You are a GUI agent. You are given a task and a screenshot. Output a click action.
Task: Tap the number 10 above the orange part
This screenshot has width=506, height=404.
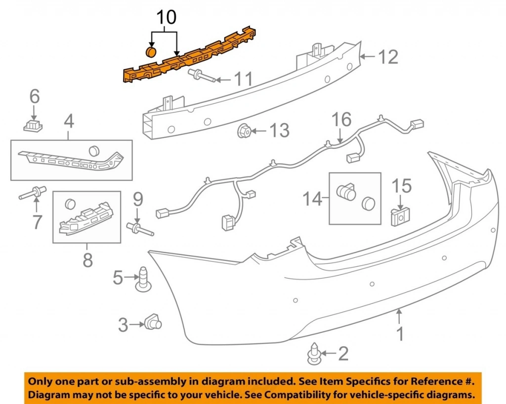point(167,18)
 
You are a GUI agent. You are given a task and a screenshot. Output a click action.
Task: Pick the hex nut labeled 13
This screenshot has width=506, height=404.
point(244,132)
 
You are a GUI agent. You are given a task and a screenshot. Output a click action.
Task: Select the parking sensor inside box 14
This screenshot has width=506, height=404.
point(346,190)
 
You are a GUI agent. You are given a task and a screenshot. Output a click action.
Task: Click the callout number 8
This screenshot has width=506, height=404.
point(87,260)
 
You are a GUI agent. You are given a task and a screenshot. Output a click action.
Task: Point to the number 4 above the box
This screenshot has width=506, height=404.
point(69,121)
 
